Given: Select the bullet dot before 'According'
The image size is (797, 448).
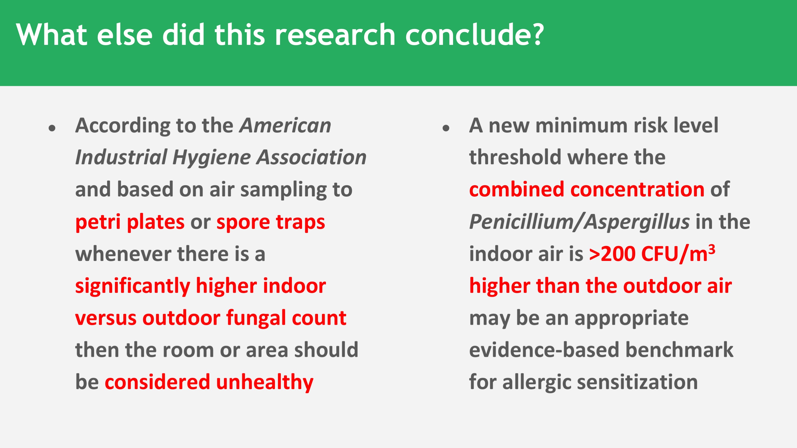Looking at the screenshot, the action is (x=52, y=128).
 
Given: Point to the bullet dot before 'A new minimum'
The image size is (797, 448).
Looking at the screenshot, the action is (x=446, y=128).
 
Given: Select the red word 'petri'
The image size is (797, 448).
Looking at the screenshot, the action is (x=98, y=222).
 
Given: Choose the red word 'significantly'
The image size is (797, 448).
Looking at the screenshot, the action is (x=133, y=286).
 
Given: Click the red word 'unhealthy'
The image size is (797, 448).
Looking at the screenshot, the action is (x=265, y=382).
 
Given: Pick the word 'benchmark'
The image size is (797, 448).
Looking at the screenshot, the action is (x=679, y=350).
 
